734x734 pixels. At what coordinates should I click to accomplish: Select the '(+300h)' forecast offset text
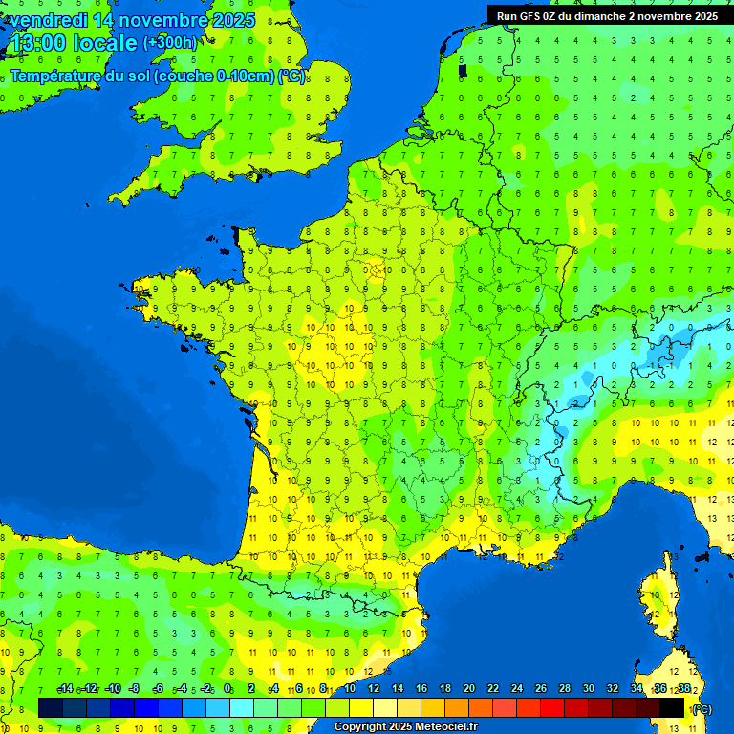click(170, 43)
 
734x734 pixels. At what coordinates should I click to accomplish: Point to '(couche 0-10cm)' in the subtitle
click(214, 76)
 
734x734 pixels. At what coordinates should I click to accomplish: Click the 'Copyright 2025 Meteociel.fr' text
click(405, 727)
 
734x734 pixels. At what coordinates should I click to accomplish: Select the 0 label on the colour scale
click(227, 689)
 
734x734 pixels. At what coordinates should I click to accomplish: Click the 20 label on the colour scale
click(468, 689)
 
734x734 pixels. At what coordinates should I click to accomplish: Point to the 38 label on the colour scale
click(683, 689)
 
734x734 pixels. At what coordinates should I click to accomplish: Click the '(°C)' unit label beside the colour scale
click(702, 708)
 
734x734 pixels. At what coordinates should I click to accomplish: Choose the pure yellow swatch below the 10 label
click(361, 707)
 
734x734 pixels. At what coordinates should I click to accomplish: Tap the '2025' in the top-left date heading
click(234, 20)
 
